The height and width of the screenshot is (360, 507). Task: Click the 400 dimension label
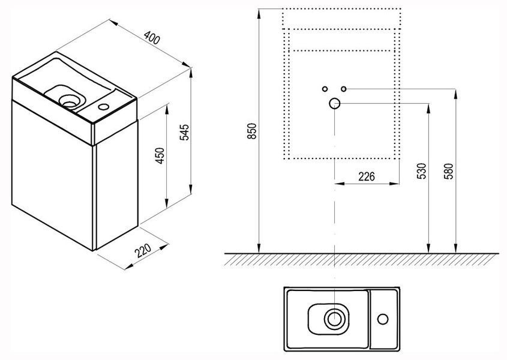pyautogui.click(x=152, y=38)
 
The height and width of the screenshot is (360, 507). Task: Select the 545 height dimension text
pyautogui.click(x=184, y=132)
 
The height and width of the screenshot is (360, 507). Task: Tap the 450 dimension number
pyautogui.click(x=160, y=155)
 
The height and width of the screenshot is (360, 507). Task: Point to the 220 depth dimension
pyautogui.click(x=143, y=251)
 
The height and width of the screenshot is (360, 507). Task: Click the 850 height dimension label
pyautogui.click(x=252, y=131)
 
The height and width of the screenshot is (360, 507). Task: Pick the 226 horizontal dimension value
pyautogui.click(x=367, y=176)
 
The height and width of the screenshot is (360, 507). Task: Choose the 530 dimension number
pyautogui.click(x=422, y=171)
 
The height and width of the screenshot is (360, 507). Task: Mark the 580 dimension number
pyautogui.click(x=449, y=171)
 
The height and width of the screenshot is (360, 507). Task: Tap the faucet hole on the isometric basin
pyautogui.click(x=104, y=106)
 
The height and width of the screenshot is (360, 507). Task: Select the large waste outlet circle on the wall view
pyautogui.click(x=335, y=104)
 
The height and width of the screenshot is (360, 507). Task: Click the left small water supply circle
pyautogui.click(x=325, y=89)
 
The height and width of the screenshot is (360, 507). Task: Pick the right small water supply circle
pyautogui.click(x=344, y=89)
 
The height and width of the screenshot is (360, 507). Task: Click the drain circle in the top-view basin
pyautogui.click(x=334, y=319)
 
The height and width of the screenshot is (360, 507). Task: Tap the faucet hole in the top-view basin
pyautogui.click(x=383, y=319)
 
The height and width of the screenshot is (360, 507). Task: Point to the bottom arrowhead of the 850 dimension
pyautogui.click(x=259, y=247)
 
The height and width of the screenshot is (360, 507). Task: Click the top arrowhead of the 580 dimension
pyautogui.click(x=455, y=94)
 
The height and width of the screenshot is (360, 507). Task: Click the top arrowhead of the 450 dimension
pyautogui.click(x=167, y=109)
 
